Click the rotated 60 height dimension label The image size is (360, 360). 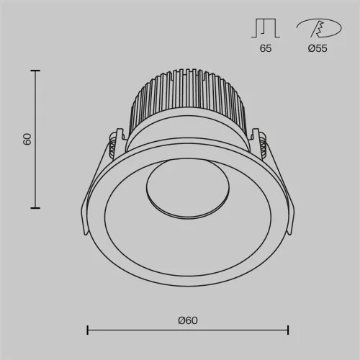[x=27, y=139]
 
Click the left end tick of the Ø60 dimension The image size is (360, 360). [x=88, y=330]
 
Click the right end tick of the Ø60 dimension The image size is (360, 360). [x=288, y=330]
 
